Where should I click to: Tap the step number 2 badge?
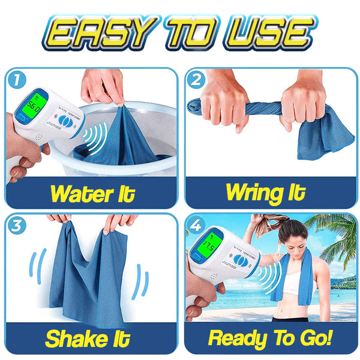(197, 79)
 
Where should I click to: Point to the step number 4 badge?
(197, 226)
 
